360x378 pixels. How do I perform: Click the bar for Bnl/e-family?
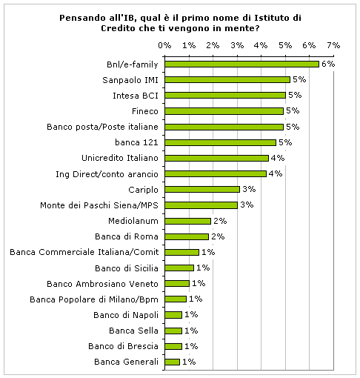pos(242,64)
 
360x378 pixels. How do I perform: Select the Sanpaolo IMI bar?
pos(227,80)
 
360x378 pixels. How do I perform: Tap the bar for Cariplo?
pos(202,190)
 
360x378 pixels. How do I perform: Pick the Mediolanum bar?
pos(188,221)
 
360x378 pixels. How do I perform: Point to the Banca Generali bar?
pos(173,362)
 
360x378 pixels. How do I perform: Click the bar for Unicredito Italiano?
pos(217,158)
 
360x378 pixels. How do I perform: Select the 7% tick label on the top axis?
pos(333,45)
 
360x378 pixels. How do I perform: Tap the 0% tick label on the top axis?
pos(164,45)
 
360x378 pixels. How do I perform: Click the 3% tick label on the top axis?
pos(237,45)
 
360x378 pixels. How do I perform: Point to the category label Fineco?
pos(145,111)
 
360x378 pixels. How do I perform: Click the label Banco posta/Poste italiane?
pos(102,127)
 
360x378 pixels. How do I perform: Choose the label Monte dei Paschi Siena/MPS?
pos(99,205)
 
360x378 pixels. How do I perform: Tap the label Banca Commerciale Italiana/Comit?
pos(84,252)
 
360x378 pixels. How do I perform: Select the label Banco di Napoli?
pos(126,315)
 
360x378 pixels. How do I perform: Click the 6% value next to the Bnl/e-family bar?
pos(328,64)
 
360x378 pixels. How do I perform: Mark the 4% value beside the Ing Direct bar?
pos(276,173)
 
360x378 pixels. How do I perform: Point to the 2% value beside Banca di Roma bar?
pos(218,236)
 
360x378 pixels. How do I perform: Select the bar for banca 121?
pos(221,142)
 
